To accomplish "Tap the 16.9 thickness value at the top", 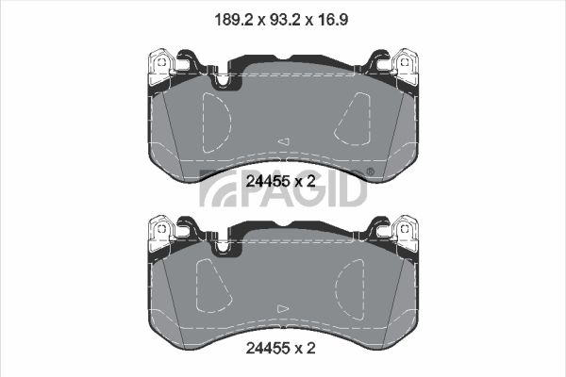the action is tap(332, 20).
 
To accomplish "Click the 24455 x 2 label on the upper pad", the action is tap(280, 181).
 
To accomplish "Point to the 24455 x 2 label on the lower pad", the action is tap(280, 348).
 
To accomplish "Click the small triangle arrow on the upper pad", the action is tap(284, 141).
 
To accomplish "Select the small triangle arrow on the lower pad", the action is tap(283, 309).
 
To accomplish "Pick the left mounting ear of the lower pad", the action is tap(161, 233).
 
